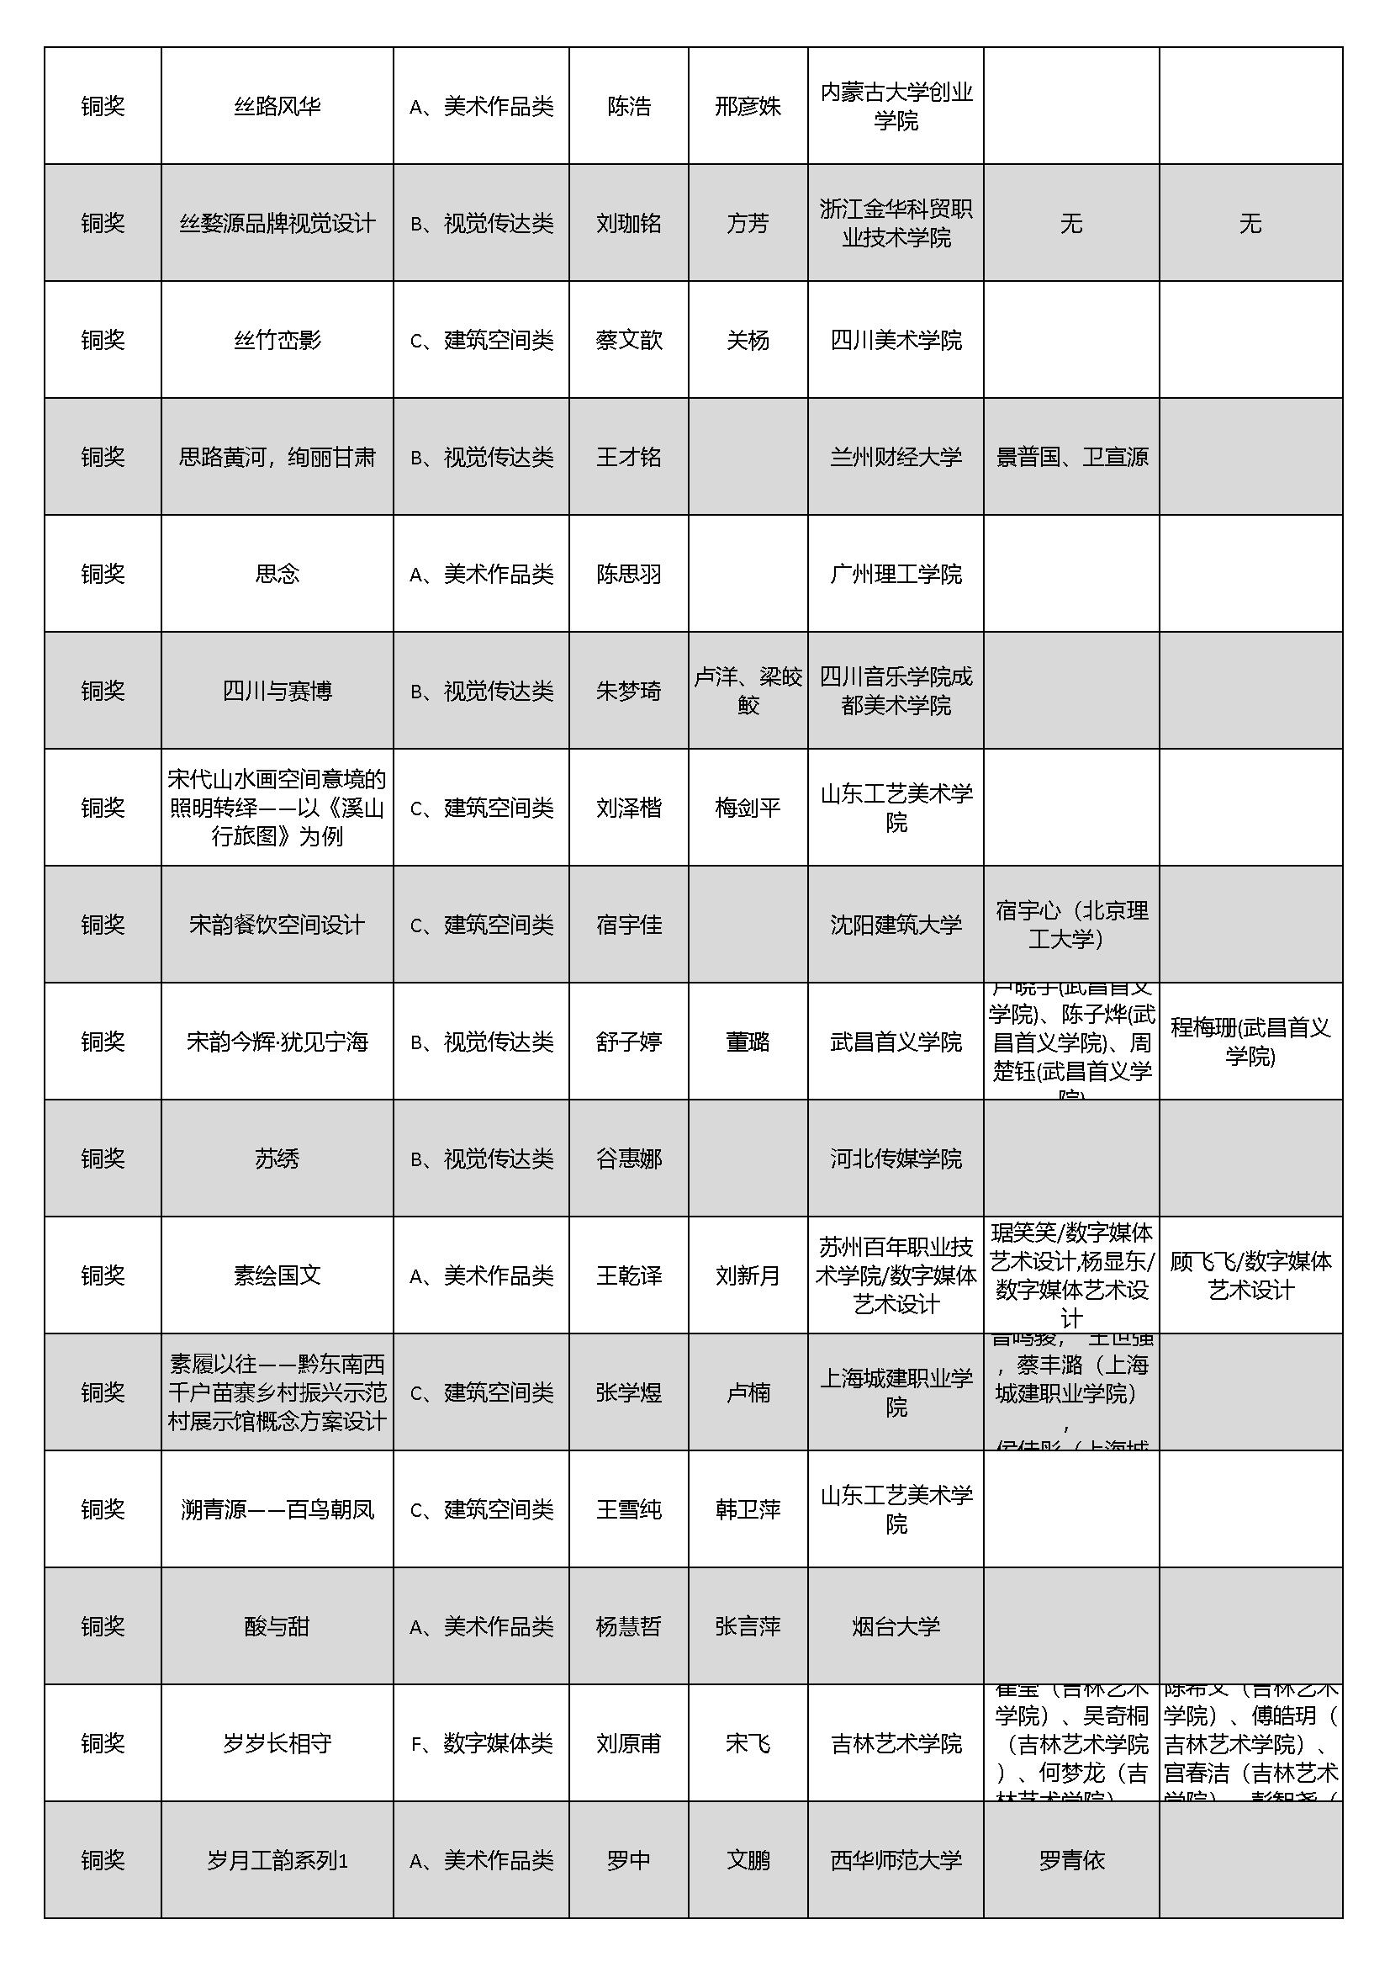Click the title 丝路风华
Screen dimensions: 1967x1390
pyautogui.click(x=277, y=106)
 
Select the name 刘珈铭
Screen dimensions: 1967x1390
pyautogui.click(x=629, y=224)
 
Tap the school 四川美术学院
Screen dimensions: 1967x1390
pyautogui.click(x=896, y=340)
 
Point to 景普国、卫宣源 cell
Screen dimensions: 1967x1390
pyautogui.click(x=1071, y=458)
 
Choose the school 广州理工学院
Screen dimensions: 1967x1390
pyautogui.click(x=896, y=574)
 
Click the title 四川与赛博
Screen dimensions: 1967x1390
pyautogui.click(x=277, y=691)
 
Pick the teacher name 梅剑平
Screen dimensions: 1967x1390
pyautogui.click(x=748, y=808)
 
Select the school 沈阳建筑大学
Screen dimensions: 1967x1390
pyautogui.click(x=896, y=925)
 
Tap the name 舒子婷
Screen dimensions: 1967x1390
pyautogui.click(x=629, y=1042)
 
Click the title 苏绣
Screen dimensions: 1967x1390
pyautogui.click(x=277, y=1158)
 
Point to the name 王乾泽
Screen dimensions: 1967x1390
pyautogui.click(x=629, y=1275)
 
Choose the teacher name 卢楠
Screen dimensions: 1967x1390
pyautogui.click(x=748, y=1392)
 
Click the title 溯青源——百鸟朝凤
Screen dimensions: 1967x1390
pyautogui.click(x=277, y=1509)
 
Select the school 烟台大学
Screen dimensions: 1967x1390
pyautogui.click(x=896, y=1626)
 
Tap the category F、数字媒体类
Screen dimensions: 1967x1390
pyautogui.click(x=481, y=1743)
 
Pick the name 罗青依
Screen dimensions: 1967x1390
pyautogui.click(x=1071, y=1860)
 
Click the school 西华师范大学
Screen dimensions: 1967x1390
pyautogui.click(x=896, y=1860)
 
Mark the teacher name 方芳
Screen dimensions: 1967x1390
pyautogui.click(x=748, y=224)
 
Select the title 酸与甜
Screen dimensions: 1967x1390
pyautogui.click(x=277, y=1626)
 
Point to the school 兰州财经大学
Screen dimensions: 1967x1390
pyautogui.click(x=896, y=458)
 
